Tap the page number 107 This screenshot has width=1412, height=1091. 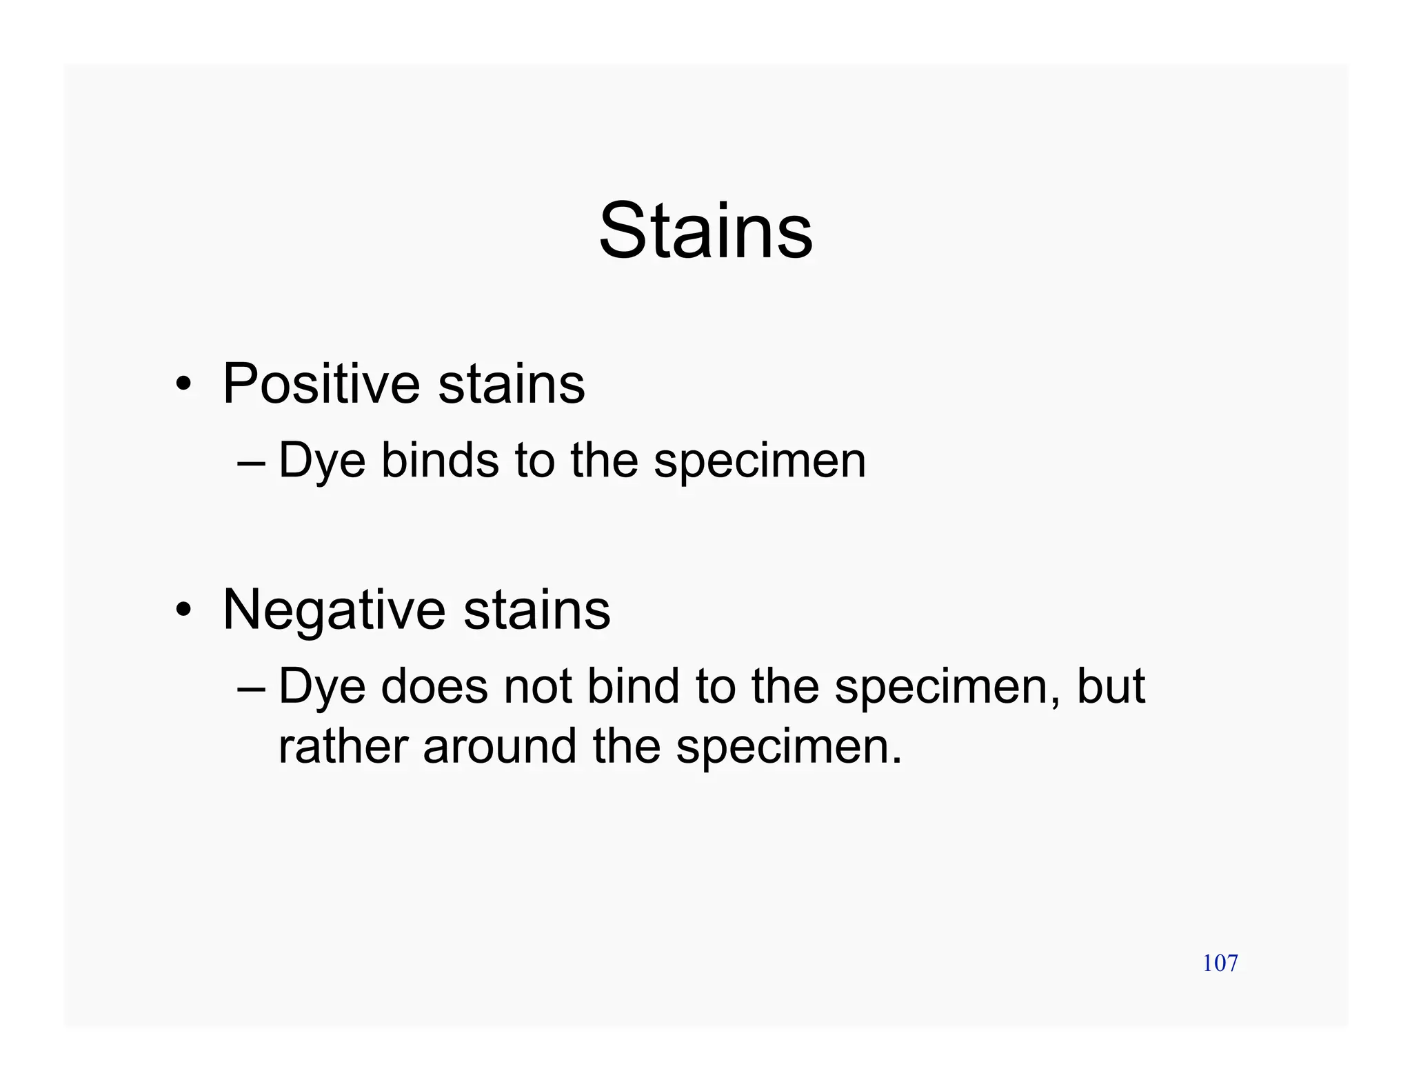(x=1220, y=963)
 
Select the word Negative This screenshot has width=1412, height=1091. (x=334, y=610)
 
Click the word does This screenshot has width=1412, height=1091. (x=434, y=686)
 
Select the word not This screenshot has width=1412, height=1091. (x=537, y=686)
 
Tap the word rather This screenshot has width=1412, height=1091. (x=343, y=747)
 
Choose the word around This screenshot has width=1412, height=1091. (x=499, y=747)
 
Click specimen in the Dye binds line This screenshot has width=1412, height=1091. (x=759, y=462)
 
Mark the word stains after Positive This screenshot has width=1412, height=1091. (x=511, y=384)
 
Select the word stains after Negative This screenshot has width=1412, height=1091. (x=536, y=610)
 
